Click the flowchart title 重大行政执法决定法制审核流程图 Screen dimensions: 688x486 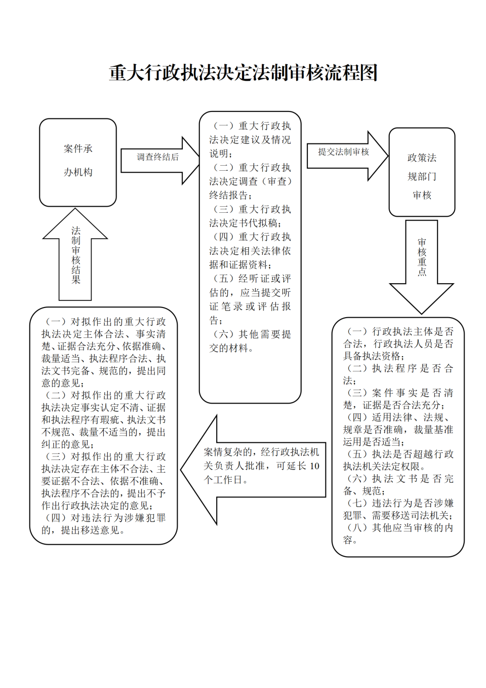pos(243,73)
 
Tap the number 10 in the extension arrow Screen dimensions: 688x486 pos(314,466)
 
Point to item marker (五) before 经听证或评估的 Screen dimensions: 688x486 pos(223,279)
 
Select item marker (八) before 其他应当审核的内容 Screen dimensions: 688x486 pos(357,528)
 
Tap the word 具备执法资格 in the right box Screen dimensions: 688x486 pos(372,356)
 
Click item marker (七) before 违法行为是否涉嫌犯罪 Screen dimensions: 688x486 pos(357,503)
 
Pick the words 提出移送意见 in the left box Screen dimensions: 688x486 pos(90,530)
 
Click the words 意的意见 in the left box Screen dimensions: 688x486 pos(61,383)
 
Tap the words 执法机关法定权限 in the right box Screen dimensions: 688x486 pos(381,467)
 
